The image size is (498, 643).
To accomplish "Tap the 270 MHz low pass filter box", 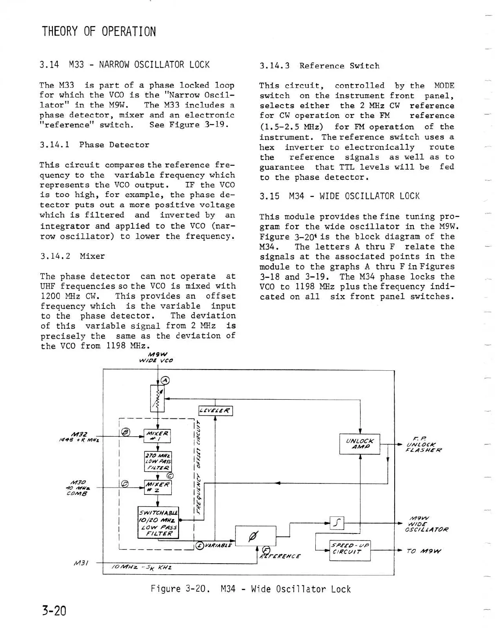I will point(158,461).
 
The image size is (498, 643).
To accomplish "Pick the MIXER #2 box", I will point(158,487).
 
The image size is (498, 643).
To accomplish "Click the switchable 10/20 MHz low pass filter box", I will point(158,523).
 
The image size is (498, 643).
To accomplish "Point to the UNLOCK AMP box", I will point(360,444).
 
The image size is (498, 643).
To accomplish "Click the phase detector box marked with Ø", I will point(256,536).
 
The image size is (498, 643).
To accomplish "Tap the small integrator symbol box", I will point(338,523).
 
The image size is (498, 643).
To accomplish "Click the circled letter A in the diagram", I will point(165,381).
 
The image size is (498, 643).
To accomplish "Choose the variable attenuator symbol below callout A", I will point(157,398).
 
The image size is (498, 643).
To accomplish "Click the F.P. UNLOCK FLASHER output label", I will point(423,444).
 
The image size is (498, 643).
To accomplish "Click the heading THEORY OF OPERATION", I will point(98,31).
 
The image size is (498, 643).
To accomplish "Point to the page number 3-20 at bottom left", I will point(54,611).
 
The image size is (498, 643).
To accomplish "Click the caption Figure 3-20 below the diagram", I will point(250,589).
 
